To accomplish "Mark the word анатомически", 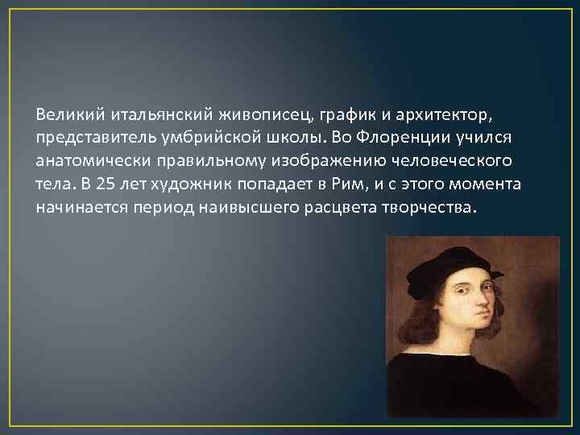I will click(85, 160).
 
